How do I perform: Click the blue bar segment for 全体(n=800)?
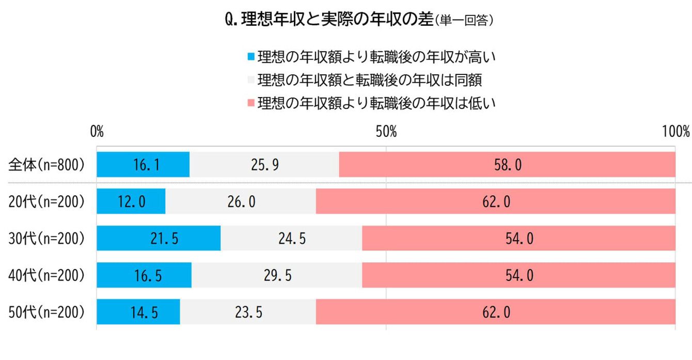click(143, 165)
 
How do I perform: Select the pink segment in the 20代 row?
click(495, 201)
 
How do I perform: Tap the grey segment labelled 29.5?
click(277, 275)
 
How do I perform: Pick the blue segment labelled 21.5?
click(159, 239)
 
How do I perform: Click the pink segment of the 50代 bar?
click(495, 312)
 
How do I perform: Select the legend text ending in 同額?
click(370, 80)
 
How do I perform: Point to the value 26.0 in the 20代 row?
click(241, 201)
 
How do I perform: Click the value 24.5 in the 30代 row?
click(291, 239)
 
